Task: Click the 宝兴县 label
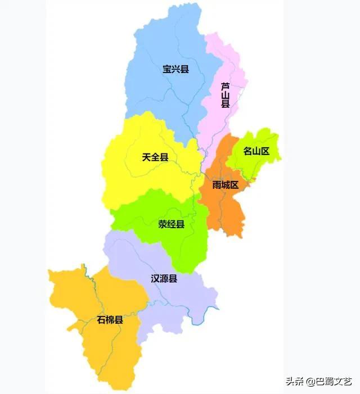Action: (175, 70)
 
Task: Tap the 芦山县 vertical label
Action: (225, 95)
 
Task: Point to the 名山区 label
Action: (256, 151)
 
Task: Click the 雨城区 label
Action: (226, 185)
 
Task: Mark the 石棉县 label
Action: (110, 320)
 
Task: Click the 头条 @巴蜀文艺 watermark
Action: (318, 381)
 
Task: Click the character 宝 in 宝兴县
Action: (167, 70)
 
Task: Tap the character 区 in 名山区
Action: (265, 151)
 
